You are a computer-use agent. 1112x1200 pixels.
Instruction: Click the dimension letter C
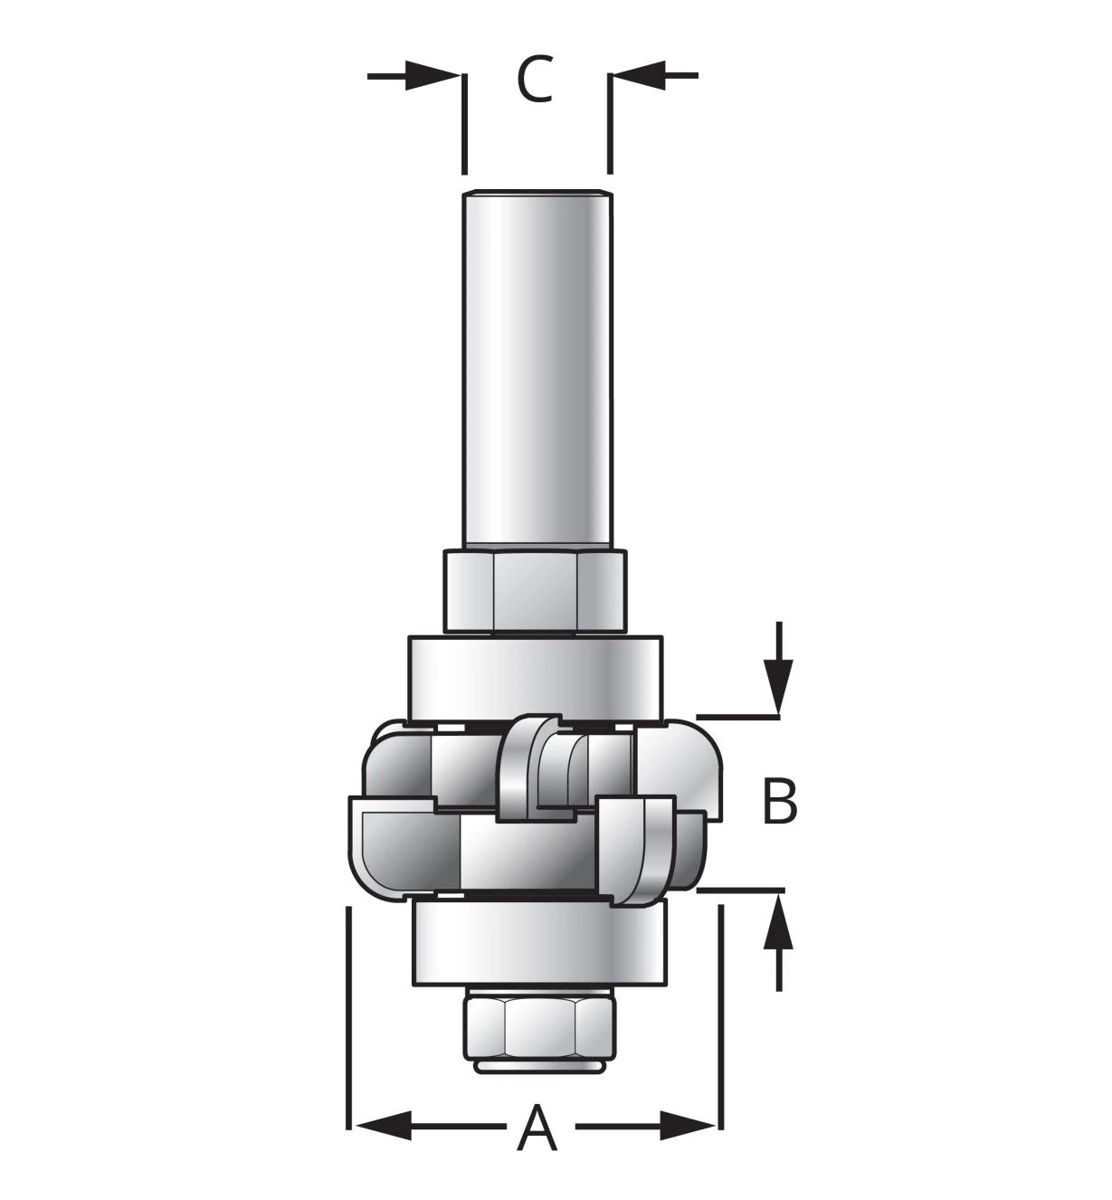tap(535, 79)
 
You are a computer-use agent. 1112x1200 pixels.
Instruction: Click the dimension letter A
tap(537, 1127)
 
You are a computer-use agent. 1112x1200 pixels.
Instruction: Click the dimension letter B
tap(780, 802)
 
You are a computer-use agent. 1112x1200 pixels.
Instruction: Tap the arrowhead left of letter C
tap(432, 75)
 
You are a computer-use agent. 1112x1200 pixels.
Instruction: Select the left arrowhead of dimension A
tap(383, 1127)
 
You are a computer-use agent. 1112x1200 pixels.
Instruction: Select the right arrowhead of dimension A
tap(689, 1127)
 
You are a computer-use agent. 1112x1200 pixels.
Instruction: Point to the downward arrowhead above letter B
tap(778, 687)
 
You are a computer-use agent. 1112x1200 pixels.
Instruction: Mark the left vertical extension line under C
tap(464, 124)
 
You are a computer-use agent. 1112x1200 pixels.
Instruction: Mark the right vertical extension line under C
tap(610, 124)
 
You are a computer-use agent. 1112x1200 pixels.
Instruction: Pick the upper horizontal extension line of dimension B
tap(738, 718)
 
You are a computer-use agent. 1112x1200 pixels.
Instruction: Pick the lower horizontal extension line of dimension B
tap(741, 890)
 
